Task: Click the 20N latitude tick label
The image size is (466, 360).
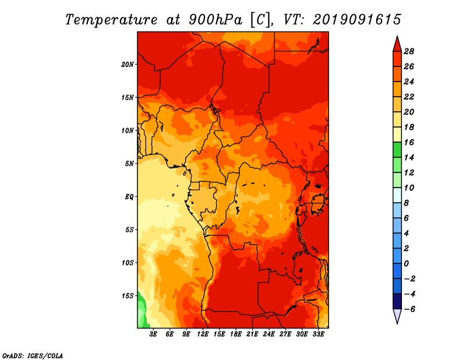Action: point(127,65)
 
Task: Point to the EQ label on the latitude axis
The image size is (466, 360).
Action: point(129,197)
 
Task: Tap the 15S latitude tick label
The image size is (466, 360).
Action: point(128,296)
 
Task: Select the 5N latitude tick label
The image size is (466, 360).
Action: point(129,164)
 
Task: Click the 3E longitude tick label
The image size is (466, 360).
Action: point(153,334)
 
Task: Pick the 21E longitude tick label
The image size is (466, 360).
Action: point(252,334)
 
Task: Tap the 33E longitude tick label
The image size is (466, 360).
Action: point(318,334)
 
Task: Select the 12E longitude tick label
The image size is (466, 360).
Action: point(202,334)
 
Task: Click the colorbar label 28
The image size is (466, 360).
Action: point(409,51)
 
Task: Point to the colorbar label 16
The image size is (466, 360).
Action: point(409,142)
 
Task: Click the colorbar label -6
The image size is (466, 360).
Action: point(409,309)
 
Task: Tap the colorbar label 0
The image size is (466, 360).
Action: point(406,264)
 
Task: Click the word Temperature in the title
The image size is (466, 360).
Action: point(111,20)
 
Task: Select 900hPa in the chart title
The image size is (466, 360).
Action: point(215,20)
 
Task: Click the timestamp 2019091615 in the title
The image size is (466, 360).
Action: point(357,20)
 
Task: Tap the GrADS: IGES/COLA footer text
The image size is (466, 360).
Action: point(33,356)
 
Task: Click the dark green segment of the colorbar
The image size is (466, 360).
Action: point(397,150)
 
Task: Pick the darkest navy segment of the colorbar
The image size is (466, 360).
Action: point(397,301)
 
